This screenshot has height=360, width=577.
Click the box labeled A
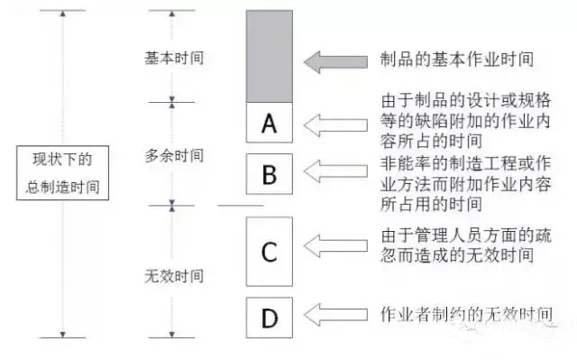coord(269,123)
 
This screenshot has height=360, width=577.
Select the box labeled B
coord(269,174)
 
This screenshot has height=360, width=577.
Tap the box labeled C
coord(269,252)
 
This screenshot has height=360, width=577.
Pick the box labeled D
coord(269,316)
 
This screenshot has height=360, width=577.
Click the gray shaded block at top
coord(269,56)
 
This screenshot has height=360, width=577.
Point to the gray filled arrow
coord(336,61)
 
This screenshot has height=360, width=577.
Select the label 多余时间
coord(174,155)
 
